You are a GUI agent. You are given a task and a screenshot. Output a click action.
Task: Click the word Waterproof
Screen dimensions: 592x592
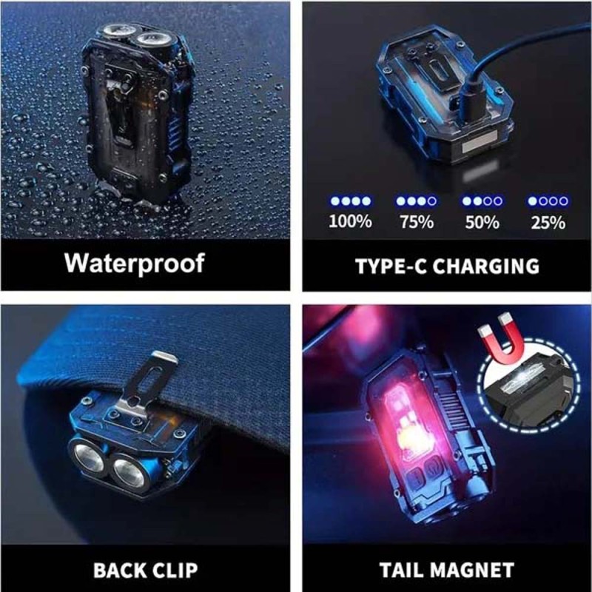pyautogui.click(x=135, y=263)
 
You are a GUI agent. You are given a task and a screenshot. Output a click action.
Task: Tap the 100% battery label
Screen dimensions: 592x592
pyautogui.click(x=350, y=221)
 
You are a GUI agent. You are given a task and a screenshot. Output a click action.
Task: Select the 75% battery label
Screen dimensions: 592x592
pyautogui.click(x=417, y=222)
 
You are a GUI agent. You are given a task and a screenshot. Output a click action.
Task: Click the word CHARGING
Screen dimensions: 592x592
pyautogui.click(x=486, y=266)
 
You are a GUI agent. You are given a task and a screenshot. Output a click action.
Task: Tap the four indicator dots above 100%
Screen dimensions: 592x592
pyautogui.click(x=350, y=201)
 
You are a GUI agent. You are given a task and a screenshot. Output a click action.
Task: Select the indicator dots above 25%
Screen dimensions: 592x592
pyautogui.click(x=548, y=201)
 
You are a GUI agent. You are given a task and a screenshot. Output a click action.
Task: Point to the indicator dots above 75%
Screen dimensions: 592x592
pyautogui.click(x=417, y=201)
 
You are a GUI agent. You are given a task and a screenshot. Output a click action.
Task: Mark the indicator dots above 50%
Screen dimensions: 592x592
pyautogui.click(x=482, y=201)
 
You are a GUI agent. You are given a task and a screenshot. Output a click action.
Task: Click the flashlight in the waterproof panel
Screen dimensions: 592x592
pyautogui.click(x=138, y=113)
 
